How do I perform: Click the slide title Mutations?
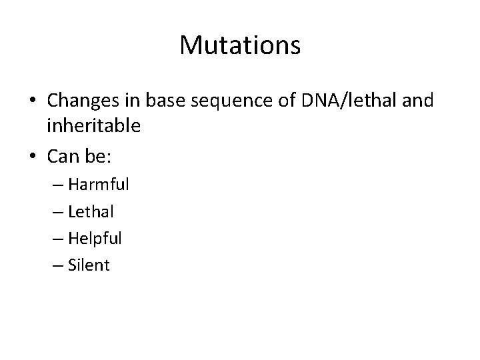[x=240, y=45]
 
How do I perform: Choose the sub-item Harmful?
[x=98, y=184]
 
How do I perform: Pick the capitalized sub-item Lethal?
[x=91, y=211]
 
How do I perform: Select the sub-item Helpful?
[x=95, y=238]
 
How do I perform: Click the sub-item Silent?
[x=89, y=265]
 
